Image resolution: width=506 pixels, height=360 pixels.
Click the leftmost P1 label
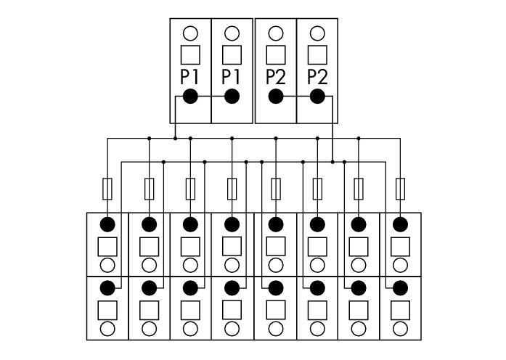pyautogui.click(x=189, y=78)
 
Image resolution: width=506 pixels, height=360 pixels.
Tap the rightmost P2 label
pyautogui.click(x=317, y=78)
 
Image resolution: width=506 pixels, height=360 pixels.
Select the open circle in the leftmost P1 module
pyautogui.click(x=190, y=33)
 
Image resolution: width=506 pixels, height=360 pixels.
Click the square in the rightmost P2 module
pyautogui.click(x=317, y=55)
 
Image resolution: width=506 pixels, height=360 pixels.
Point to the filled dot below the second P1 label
pyautogui.click(x=232, y=96)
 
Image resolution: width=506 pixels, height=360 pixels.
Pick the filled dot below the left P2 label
pyautogui.click(x=276, y=96)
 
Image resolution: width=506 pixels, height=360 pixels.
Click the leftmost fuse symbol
pyautogui.click(x=107, y=189)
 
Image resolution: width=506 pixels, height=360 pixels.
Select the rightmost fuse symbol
pyautogui.click(x=400, y=189)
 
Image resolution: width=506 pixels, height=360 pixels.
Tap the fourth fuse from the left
pyautogui.click(x=232, y=189)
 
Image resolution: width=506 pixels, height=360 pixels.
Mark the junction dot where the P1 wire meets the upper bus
pyautogui.click(x=175, y=139)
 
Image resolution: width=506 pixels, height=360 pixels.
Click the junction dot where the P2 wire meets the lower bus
pyautogui.click(x=332, y=162)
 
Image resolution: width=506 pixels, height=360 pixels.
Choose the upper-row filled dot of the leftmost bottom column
pyautogui.click(x=107, y=224)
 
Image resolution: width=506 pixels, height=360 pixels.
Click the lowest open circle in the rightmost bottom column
pyautogui.click(x=400, y=329)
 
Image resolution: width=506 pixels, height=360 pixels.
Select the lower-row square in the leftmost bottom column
pyautogui.click(x=107, y=311)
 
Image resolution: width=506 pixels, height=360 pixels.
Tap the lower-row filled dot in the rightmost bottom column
pyautogui.click(x=400, y=287)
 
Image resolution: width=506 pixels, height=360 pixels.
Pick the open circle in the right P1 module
pyautogui.click(x=232, y=33)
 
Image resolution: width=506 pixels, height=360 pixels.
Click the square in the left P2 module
pyautogui.click(x=276, y=55)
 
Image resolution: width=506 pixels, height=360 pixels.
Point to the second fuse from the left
pyautogui.click(x=149, y=189)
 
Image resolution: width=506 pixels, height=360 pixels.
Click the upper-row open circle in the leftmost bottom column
pyautogui.click(x=107, y=266)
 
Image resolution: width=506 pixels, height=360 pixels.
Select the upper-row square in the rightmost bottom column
pyautogui.click(x=400, y=247)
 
